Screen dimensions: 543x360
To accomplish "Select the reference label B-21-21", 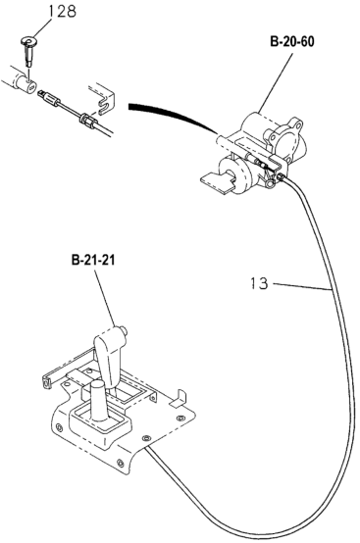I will pos(91,262).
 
